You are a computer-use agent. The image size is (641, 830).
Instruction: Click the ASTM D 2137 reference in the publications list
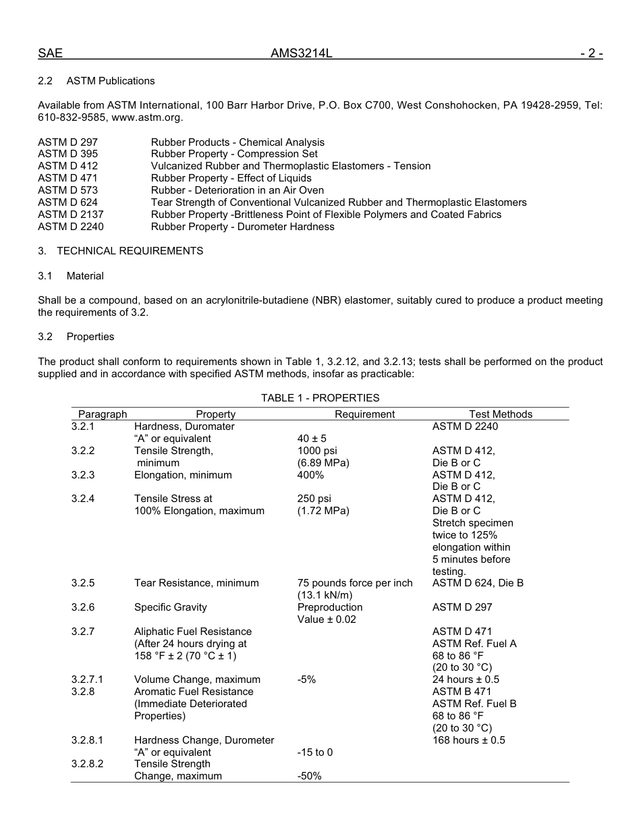click(71, 215)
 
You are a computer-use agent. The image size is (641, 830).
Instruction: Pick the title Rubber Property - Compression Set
click(234, 154)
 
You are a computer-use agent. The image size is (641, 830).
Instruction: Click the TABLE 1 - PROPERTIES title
click(320, 398)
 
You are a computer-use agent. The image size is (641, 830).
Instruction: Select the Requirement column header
click(364, 414)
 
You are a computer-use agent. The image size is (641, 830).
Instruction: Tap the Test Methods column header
click(501, 414)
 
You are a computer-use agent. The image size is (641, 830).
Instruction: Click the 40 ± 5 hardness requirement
click(312, 439)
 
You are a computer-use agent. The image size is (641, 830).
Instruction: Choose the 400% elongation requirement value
click(310, 475)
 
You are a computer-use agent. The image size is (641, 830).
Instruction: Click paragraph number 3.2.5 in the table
click(83, 583)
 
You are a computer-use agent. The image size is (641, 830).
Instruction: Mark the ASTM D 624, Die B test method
click(478, 583)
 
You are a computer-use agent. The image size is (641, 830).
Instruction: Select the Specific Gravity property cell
click(171, 607)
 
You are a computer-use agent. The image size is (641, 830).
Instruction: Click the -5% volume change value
click(306, 680)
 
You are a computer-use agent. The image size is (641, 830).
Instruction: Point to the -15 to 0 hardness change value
click(315, 752)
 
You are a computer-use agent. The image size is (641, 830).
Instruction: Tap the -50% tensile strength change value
click(309, 777)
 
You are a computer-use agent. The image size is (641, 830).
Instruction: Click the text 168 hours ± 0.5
click(468, 740)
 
